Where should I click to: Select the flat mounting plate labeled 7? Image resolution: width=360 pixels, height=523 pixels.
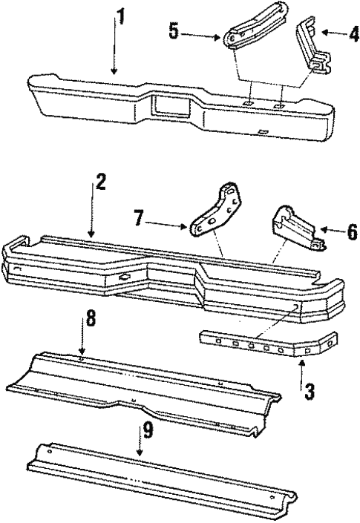(216, 214)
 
